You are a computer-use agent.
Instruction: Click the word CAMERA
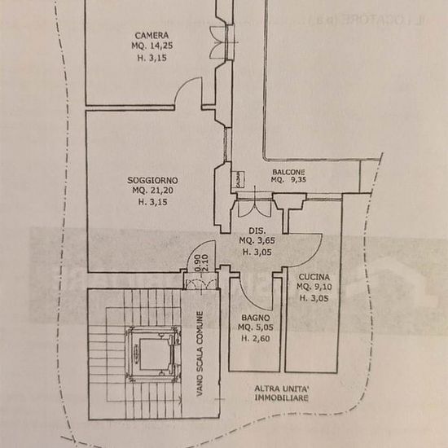click(x=152, y=35)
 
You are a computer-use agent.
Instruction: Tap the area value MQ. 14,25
click(x=152, y=46)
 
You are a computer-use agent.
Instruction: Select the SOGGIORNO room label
click(x=152, y=180)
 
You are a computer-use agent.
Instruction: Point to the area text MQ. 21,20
click(x=153, y=191)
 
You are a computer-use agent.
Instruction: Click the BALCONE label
click(x=288, y=172)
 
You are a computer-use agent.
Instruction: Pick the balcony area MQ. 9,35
click(x=288, y=180)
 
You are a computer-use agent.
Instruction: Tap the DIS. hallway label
click(x=257, y=231)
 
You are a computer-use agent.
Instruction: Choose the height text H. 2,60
click(x=256, y=339)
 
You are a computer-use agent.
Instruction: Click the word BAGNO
click(x=256, y=318)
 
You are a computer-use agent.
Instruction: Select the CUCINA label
click(x=314, y=277)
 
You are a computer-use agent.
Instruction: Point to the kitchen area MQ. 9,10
click(x=314, y=287)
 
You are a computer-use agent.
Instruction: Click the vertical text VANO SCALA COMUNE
click(x=200, y=354)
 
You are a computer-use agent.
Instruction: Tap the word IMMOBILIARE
click(x=282, y=397)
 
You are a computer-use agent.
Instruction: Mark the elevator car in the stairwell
click(x=154, y=354)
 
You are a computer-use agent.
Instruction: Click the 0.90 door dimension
click(x=197, y=263)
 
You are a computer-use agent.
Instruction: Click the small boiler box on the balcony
click(x=238, y=179)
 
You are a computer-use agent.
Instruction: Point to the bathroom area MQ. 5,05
click(x=256, y=327)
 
